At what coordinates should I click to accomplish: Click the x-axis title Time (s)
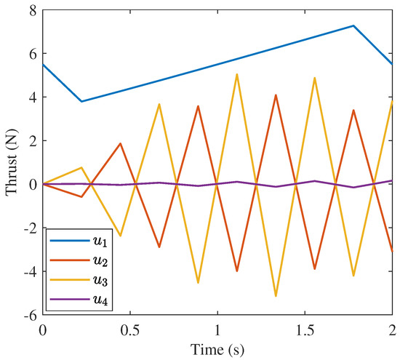[217, 350]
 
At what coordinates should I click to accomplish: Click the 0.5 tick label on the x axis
[129, 330]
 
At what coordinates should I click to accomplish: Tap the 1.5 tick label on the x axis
[305, 330]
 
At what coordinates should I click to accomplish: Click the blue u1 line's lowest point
[81, 101]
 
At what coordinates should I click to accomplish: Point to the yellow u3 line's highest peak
[236, 73]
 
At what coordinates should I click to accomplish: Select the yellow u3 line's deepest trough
[276, 296]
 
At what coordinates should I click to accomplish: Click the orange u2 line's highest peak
[276, 95]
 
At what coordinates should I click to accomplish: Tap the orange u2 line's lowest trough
[236, 271]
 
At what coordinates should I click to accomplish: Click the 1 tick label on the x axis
[217, 330]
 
